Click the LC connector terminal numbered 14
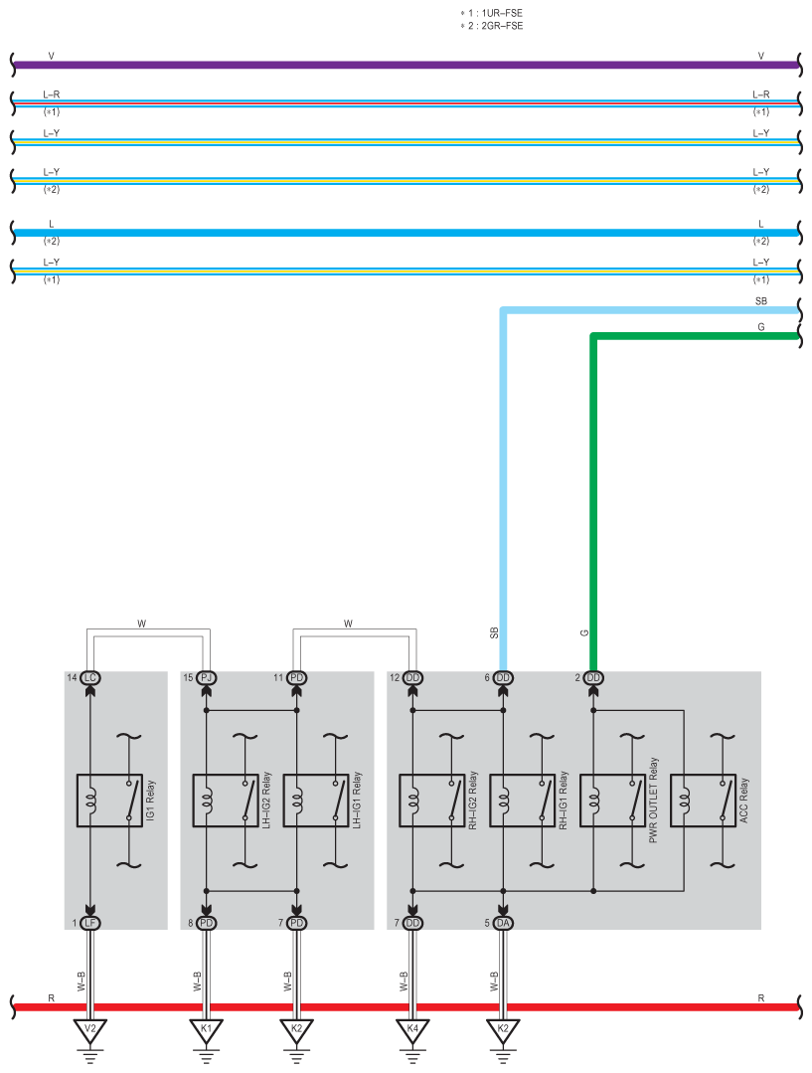90,678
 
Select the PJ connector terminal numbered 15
207,678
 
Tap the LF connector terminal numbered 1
90,923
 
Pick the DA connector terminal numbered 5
503,923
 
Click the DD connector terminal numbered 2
593,678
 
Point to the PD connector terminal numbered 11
296,678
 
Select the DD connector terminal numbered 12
412,678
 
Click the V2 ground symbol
90,1028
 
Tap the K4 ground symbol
412,1028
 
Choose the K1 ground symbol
207,1028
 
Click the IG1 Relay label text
151,799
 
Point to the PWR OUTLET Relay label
654,801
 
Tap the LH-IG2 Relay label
267,799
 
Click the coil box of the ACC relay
683,801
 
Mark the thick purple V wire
398,66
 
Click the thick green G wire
696,337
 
